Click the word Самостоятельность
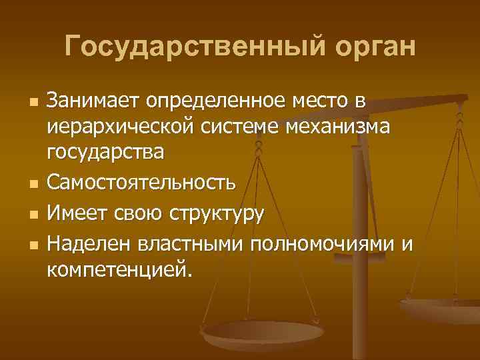click(x=141, y=179)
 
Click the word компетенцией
click(x=119, y=269)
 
